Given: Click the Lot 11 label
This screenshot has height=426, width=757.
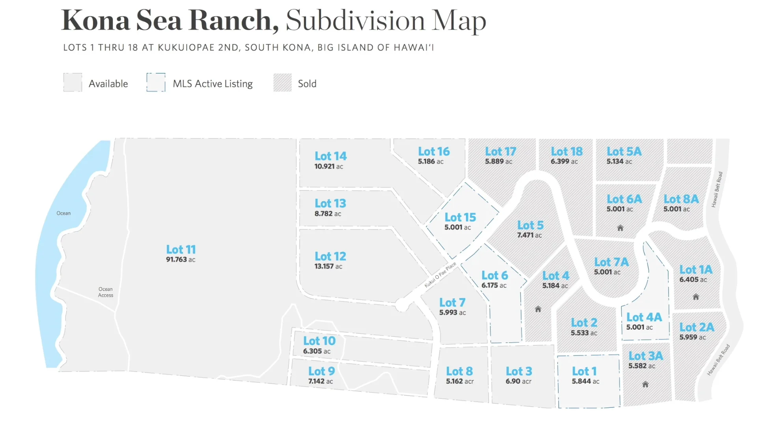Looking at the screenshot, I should [x=181, y=249].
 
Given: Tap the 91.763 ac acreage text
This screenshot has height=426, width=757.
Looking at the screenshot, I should [x=181, y=260].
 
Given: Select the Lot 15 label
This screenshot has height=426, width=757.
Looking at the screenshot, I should [x=460, y=217].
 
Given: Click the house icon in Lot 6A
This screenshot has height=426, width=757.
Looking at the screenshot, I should [x=620, y=228].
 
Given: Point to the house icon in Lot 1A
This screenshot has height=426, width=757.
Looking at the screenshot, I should [x=696, y=297].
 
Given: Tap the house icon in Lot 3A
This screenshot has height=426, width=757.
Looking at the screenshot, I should [x=645, y=384].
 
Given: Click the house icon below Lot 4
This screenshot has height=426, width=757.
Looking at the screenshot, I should [x=538, y=309].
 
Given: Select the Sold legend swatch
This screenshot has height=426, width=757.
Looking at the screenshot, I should [x=282, y=83].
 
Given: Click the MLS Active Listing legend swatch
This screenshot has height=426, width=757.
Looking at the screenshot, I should [x=156, y=82].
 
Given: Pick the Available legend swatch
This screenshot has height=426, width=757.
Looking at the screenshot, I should [x=73, y=82].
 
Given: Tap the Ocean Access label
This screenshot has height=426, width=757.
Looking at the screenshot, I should [x=106, y=292].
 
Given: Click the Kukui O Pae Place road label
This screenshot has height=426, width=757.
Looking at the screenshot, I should [x=440, y=275].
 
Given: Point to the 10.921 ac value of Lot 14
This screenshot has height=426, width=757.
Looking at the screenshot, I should [x=328, y=166].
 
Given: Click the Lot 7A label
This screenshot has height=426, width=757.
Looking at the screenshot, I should [x=611, y=262].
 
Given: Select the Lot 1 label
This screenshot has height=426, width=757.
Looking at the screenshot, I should [x=584, y=371].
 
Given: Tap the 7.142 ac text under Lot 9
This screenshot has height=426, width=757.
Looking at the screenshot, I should [x=320, y=381].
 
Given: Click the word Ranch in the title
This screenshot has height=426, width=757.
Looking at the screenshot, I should [x=233, y=21].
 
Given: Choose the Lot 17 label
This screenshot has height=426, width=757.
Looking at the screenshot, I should [x=500, y=151].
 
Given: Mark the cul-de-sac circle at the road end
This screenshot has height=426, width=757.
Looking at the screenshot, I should [x=402, y=305].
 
